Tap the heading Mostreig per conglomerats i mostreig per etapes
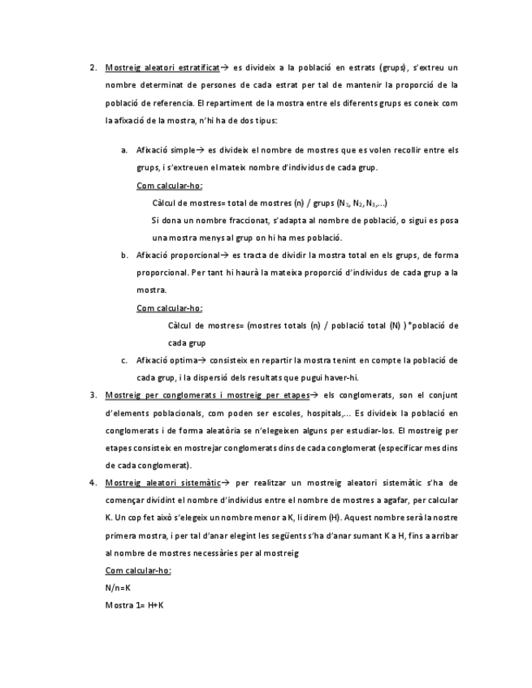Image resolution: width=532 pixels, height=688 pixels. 207,395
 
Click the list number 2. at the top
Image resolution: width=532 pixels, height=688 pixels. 93,67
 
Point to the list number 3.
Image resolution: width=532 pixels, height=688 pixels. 93,395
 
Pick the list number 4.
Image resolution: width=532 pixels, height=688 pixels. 93,482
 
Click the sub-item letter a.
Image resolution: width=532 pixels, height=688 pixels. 124,150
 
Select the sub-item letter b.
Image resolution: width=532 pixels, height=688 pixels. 124,255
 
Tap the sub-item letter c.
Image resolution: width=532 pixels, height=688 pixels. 124,360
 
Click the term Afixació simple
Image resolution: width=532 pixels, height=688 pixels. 166,150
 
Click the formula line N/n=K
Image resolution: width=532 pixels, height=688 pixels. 118,587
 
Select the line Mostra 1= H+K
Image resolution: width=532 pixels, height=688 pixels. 135,605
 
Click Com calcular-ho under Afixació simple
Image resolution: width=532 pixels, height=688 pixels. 169,185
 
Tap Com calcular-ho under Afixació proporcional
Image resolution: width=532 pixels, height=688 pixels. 169,307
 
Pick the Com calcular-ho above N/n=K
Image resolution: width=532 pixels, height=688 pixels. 138,570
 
